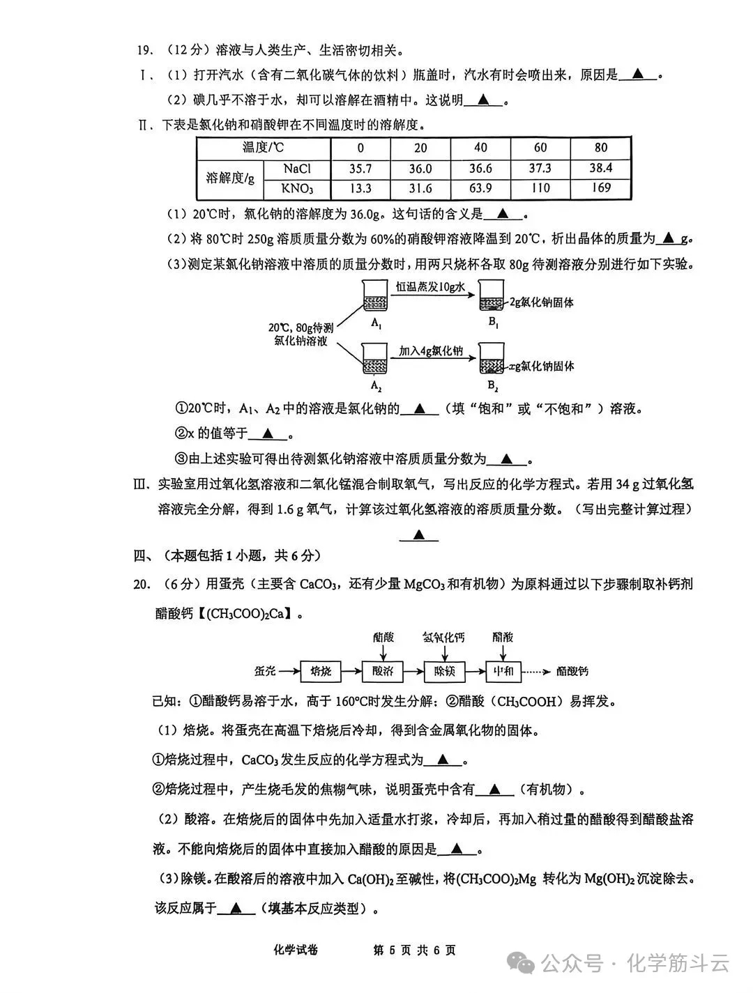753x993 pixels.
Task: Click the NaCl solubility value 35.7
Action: coord(360,169)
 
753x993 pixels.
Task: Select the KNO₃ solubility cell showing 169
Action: coord(600,187)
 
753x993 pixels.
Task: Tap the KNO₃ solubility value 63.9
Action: coord(480,188)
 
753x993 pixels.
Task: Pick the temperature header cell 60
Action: coord(540,148)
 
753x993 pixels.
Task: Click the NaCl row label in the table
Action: coord(297,169)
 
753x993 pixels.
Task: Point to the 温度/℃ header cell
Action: coord(263,148)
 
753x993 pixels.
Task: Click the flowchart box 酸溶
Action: coord(383,671)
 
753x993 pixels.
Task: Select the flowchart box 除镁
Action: coord(444,671)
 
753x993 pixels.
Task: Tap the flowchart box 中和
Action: coord(504,671)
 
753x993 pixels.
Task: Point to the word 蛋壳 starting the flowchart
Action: coord(264,671)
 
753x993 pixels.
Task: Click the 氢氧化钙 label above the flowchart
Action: coord(443,637)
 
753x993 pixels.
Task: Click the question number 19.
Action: coord(144,50)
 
